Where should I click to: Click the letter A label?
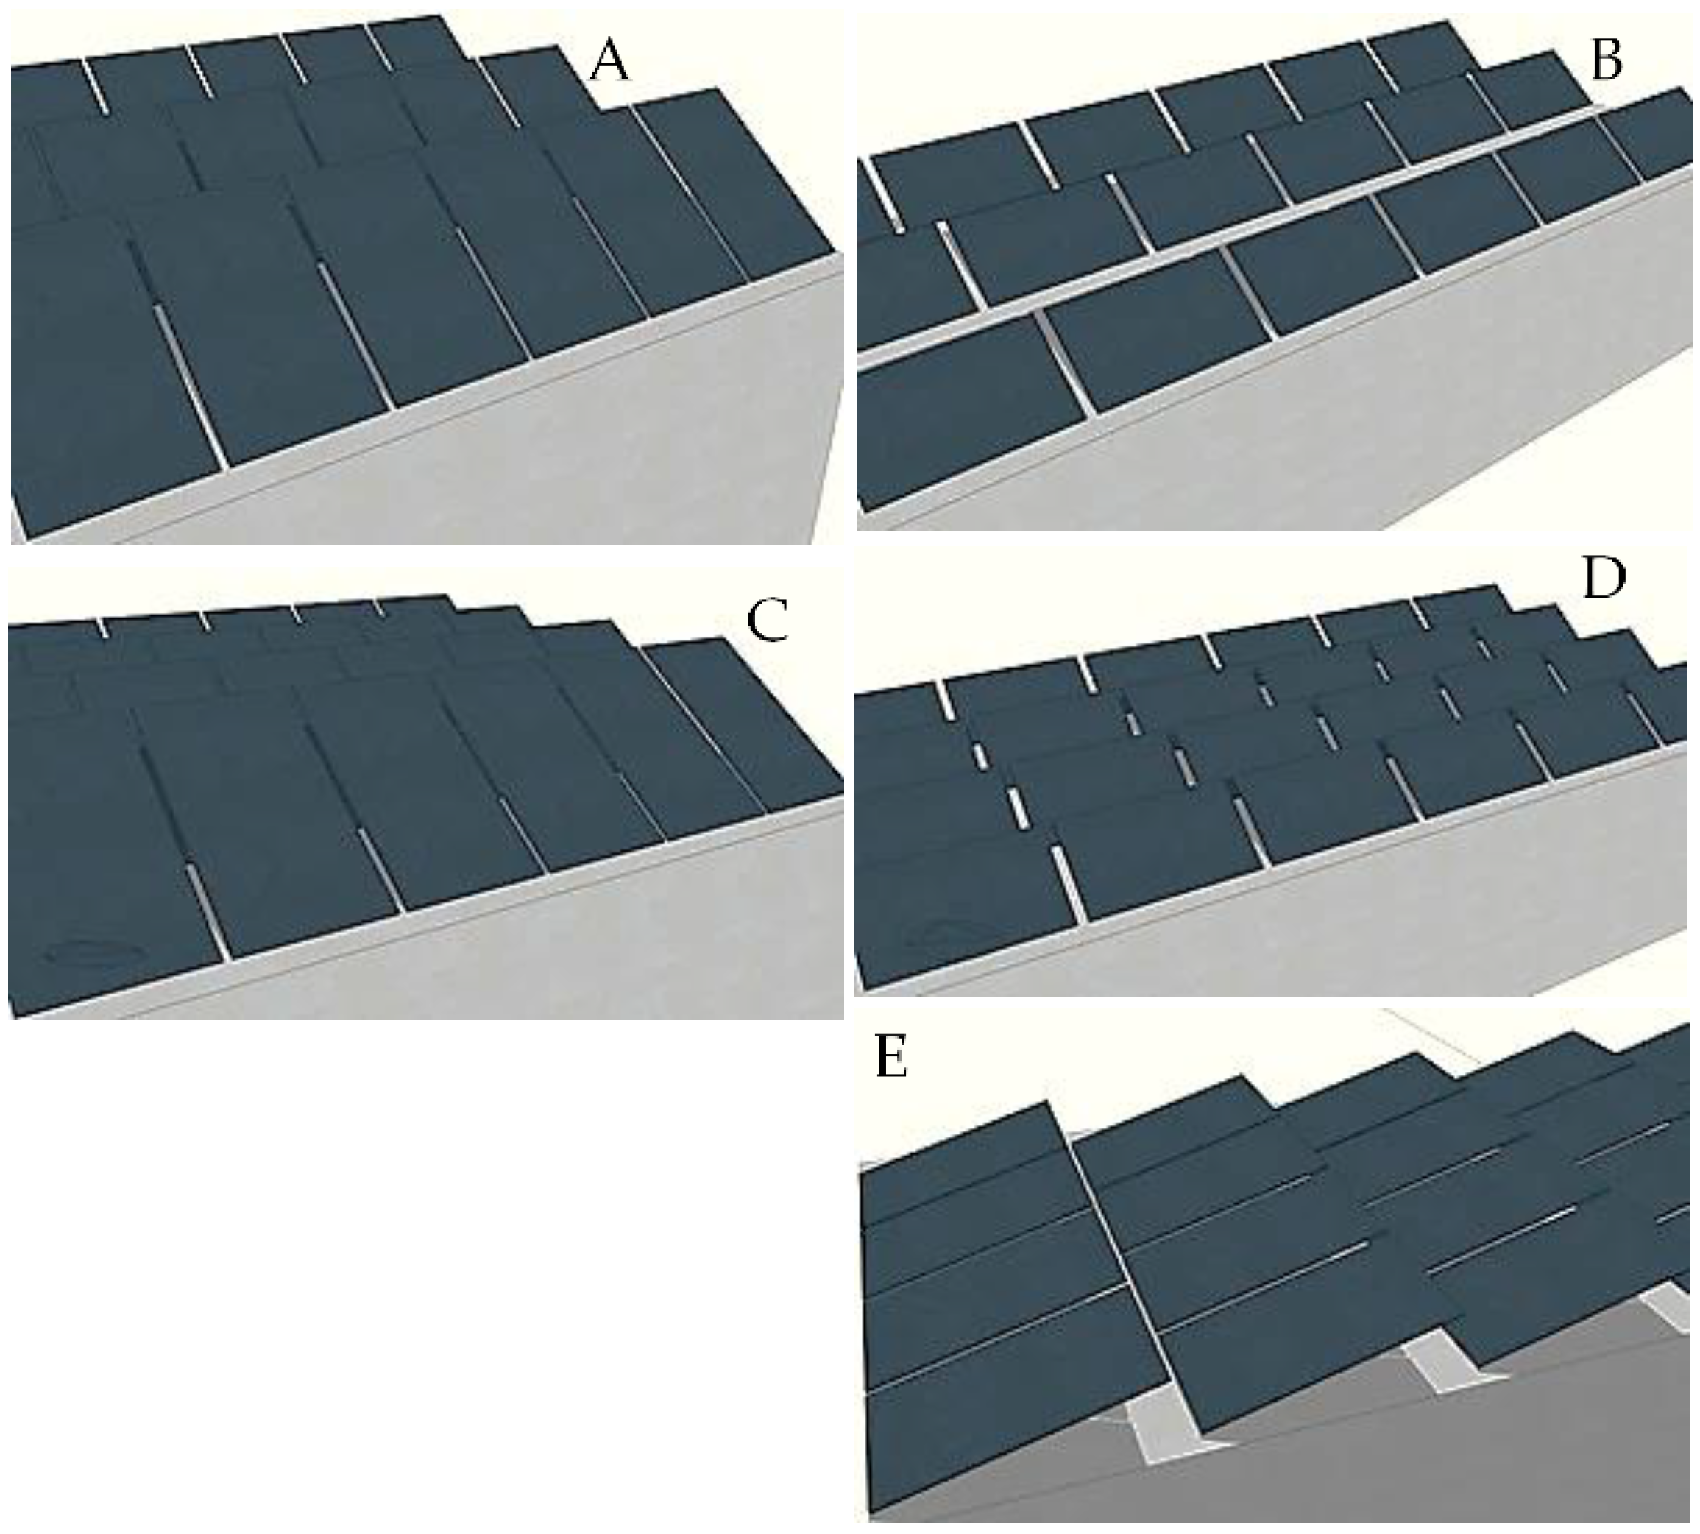[609, 63]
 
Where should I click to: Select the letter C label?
[767, 621]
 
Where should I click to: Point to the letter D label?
[1603, 579]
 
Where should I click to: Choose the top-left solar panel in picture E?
[961, 1156]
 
